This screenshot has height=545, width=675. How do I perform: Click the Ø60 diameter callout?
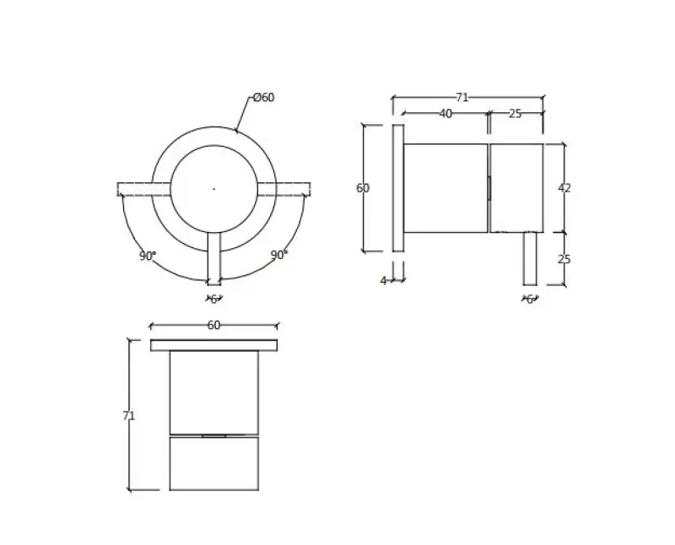point(264,98)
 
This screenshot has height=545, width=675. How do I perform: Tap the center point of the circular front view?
point(213,189)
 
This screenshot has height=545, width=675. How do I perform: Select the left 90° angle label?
point(148,256)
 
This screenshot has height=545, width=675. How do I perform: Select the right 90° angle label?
point(279,255)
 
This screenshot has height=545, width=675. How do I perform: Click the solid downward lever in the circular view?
point(213,258)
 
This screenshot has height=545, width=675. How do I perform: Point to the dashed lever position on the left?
point(135,189)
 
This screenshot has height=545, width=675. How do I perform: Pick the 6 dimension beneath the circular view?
point(213,299)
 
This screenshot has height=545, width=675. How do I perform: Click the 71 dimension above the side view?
point(462,97)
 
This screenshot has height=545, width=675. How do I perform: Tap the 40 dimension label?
point(445,114)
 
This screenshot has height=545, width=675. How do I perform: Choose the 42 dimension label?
point(564,188)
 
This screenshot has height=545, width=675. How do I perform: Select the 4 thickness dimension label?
point(383,281)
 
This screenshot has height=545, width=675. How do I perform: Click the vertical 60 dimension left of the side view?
point(363,188)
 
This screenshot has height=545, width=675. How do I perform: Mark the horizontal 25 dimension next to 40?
point(515,114)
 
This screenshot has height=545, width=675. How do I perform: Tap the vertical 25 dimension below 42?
point(564,259)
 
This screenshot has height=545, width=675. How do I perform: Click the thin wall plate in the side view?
point(398,188)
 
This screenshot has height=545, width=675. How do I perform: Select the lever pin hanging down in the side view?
point(530,258)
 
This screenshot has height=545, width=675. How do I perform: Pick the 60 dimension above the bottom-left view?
point(213,326)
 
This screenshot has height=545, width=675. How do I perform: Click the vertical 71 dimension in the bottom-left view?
point(129,416)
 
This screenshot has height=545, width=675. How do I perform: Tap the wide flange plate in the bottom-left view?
point(213,345)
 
